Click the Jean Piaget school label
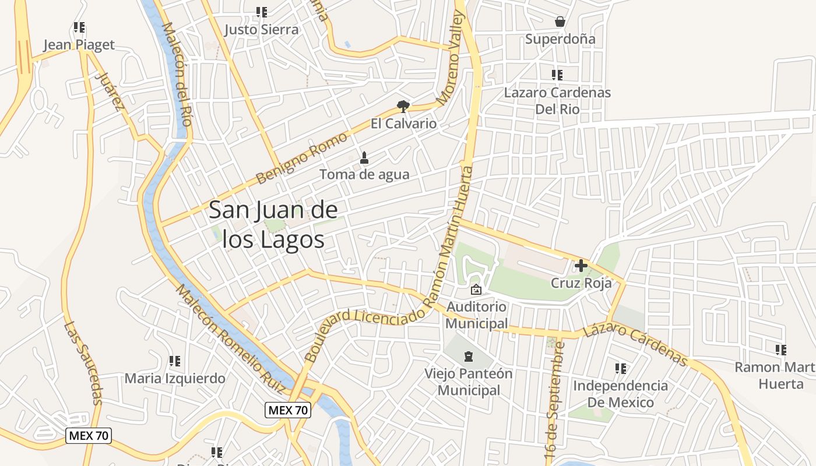click(x=79, y=45)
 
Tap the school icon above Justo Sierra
click(x=262, y=12)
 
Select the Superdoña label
click(x=560, y=39)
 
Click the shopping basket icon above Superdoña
click(x=560, y=22)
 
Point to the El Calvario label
click(x=403, y=123)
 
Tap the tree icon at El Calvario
click(x=403, y=106)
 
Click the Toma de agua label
click(x=364, y=174)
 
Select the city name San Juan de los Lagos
click(x=273, y=224)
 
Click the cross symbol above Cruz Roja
click(x=581, y=266)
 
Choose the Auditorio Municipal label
click(x=477, y=315)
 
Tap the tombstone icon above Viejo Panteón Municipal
click(x=469, y=356)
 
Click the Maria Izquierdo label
click(x=175, y=378)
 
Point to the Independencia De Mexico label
click(x=620, y=394)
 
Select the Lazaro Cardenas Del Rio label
click(x=557, y=100)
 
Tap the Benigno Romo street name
click(x=301, y=158)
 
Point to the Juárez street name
click(x=110, y=91)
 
